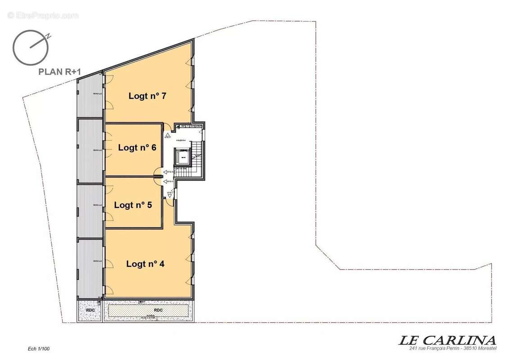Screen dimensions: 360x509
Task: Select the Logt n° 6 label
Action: pos(137,148)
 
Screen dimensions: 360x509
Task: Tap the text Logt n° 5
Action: pos(133,205)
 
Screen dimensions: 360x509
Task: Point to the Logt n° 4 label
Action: pos(145,264)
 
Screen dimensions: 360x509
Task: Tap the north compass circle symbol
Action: pos(31,47)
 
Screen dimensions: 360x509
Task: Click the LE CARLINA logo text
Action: pos(447,340)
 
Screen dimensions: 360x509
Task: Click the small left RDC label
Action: pos(89,310)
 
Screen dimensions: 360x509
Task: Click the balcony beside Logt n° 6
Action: pos(90,151)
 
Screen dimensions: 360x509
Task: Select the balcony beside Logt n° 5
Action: pos(90,211)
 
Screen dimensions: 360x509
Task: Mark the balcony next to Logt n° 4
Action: pos(90,268)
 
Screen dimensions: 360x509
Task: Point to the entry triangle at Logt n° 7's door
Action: pos(167,134)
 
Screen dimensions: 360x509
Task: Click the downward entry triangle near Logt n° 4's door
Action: pos(170,196)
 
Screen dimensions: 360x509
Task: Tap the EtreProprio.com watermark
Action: pos(43,15)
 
